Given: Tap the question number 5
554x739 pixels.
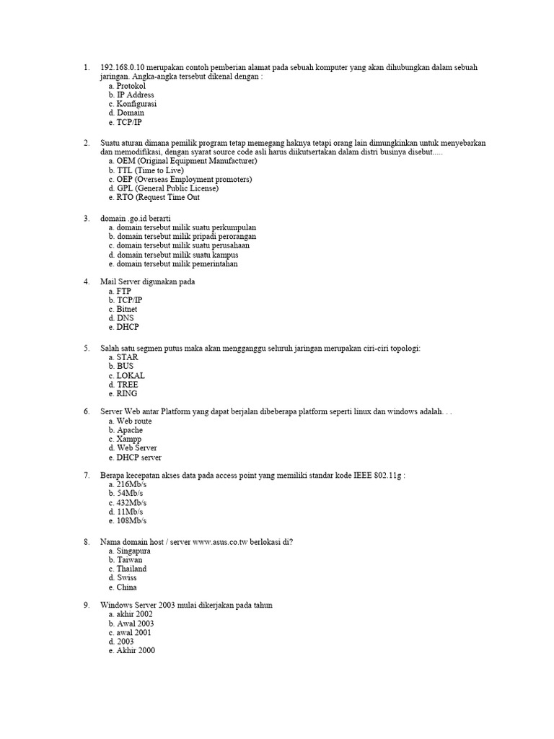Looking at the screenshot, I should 87,348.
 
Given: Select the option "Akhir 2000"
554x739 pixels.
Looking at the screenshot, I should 135,650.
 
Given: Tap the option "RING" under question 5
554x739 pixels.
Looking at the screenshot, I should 126,393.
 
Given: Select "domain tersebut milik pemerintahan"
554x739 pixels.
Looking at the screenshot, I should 177,263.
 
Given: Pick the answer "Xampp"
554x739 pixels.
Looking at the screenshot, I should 129,439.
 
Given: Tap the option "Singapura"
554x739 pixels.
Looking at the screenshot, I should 133,551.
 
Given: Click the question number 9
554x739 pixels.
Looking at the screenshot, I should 87,605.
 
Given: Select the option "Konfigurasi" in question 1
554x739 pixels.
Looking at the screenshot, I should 136,104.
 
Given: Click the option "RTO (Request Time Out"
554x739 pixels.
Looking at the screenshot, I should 158,197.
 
